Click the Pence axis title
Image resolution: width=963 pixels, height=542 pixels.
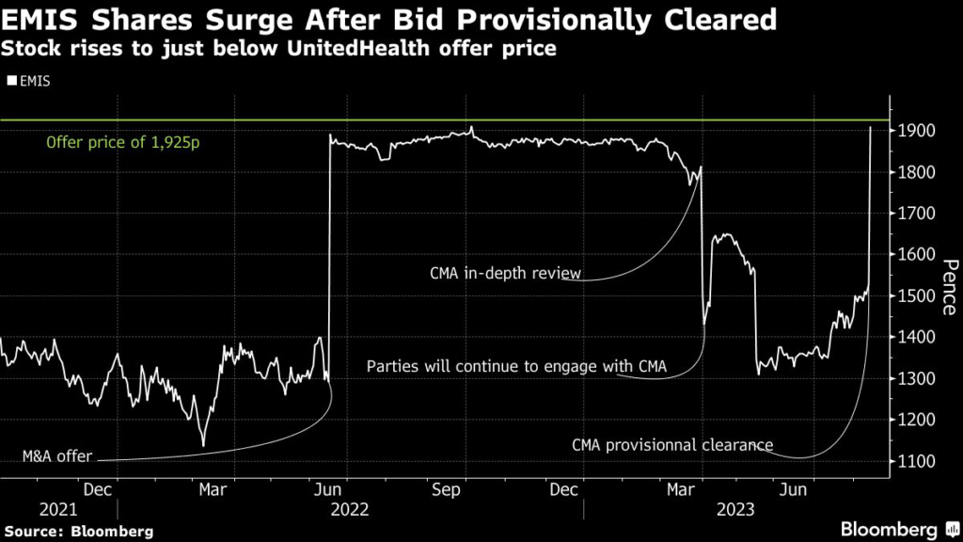[x=948, y=286]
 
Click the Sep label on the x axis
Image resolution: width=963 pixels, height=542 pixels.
[x=446, y=489]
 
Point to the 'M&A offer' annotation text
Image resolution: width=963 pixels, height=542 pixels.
[x=57, y=457]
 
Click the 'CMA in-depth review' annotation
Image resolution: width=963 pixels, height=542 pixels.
[x=505, y=274]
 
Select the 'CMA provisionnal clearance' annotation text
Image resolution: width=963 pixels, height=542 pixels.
[x=672, y=445]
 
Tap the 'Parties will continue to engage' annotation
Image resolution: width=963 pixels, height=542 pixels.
[x=516, y=366]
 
